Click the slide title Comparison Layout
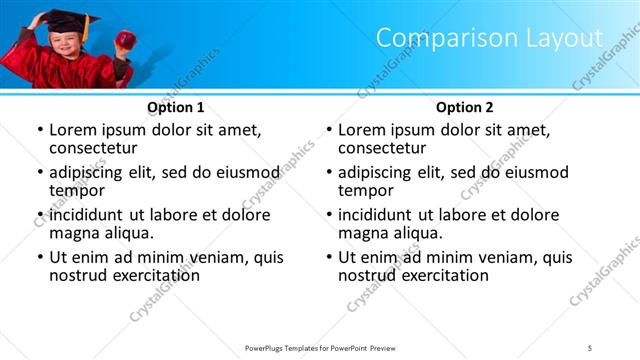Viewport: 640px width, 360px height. pyautogui.click(x=489, y=38)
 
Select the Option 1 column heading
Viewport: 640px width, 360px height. pyautogui.click(x=176, y=107)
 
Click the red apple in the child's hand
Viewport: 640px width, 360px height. pyautogui.click(x=125, y=40)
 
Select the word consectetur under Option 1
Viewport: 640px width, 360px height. pyautogui.click(x=92, y=148)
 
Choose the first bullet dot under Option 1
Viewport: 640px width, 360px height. pyautogui.click(x=39, y=131)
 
